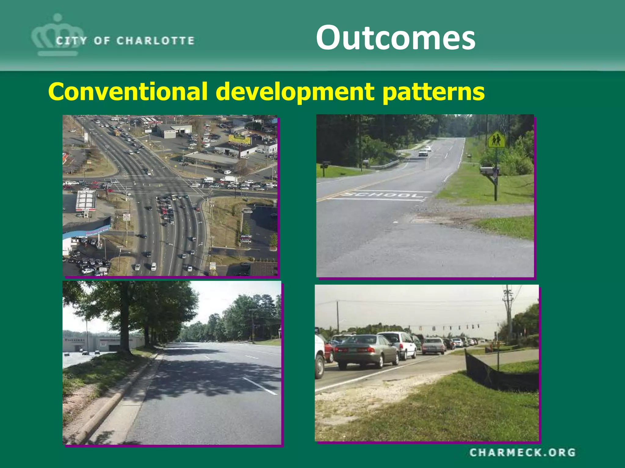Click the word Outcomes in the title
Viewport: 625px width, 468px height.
tap(396, 38)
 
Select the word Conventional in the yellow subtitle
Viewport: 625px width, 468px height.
tap(128, 91)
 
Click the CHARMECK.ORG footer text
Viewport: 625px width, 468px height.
tap(522, 452)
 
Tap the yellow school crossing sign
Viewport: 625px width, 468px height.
tap(496, 140)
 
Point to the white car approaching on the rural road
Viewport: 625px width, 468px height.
tap(423, 153)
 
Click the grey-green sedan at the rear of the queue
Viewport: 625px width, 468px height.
tap(366, 350)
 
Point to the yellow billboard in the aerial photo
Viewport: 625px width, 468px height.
tap(240, 140)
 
